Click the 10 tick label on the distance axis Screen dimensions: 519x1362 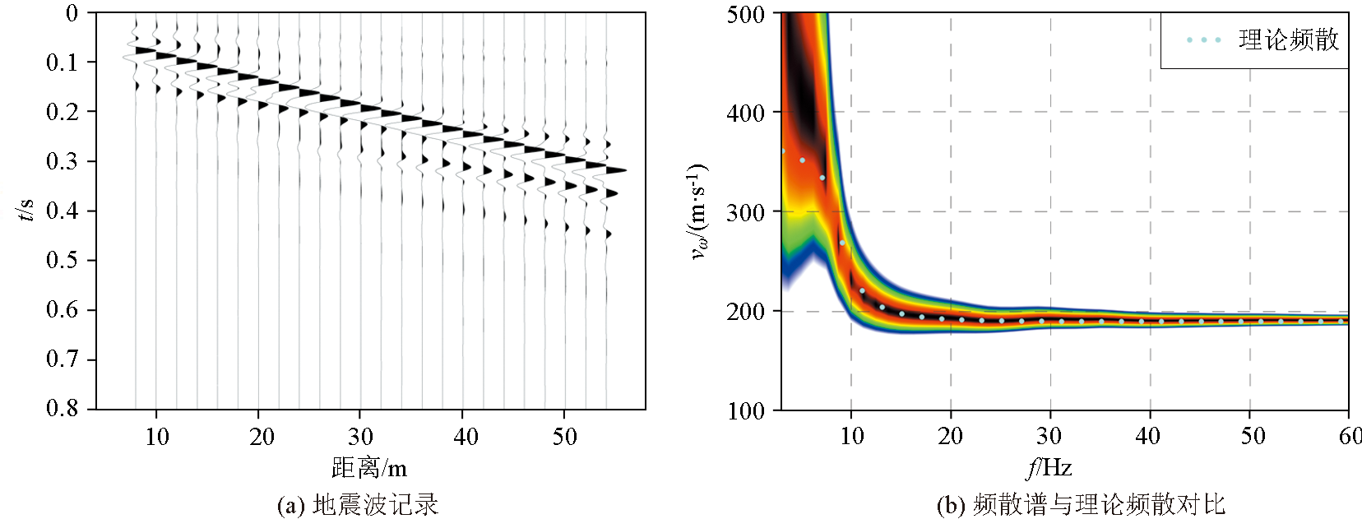(157, 437)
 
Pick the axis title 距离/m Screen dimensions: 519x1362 (369, 468)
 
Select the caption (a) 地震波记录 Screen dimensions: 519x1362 (358, 504)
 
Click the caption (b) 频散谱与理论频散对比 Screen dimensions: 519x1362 (1081, 504)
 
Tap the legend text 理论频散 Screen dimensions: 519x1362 (1289, 39)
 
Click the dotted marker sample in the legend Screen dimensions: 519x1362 (1203, 39)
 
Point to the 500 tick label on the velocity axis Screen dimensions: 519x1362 (746, 14)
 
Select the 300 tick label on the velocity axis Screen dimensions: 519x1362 (746, 212)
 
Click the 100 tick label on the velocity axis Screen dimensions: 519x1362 (746, 410)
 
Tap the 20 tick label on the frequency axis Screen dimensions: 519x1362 (950, 437)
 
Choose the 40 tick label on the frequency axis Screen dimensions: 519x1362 (1148, 437)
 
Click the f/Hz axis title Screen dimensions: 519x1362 (1049, 468)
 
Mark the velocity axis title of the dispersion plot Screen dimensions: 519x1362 (698, 211)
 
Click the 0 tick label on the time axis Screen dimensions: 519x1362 (72, 13)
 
